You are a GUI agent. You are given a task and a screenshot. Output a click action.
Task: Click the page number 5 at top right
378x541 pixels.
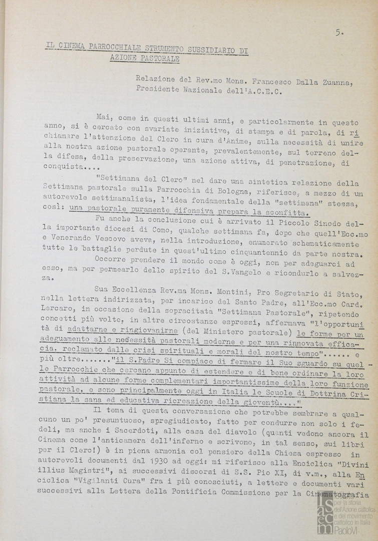[x=339, y=33]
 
